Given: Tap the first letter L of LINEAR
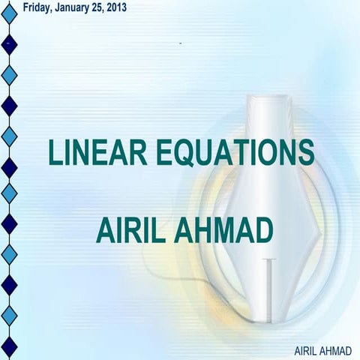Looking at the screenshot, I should tap(55, 152).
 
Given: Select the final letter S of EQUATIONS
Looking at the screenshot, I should tap(304, 152).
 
